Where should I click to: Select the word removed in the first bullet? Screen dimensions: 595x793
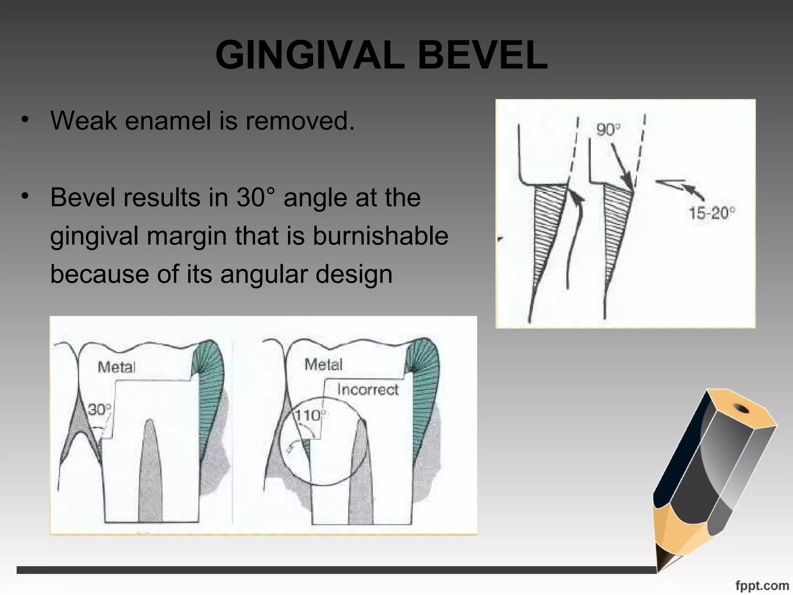[300, 120]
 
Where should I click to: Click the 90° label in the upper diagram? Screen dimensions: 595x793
[608, 129]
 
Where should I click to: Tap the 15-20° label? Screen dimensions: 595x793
[712, 213]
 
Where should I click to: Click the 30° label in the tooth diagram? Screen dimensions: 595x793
[100, 409]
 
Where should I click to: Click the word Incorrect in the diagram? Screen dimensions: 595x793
[367, 389]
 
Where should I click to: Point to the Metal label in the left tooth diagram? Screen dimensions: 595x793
[117, 367]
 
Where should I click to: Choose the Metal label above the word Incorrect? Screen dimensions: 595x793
[323, 365]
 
